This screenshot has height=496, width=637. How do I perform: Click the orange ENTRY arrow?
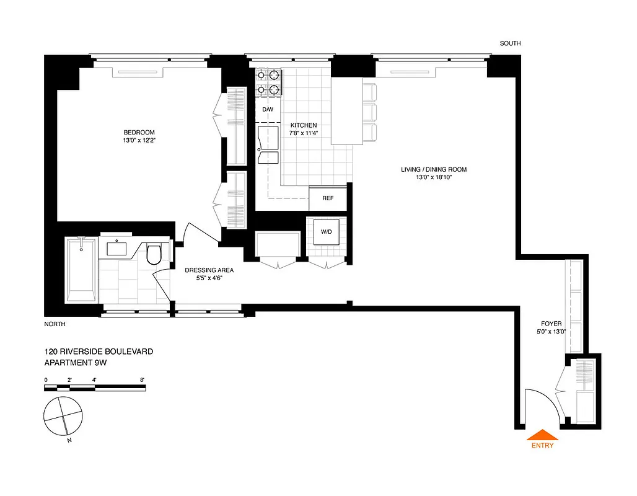[542, 435]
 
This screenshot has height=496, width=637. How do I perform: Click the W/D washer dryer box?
[326, 232]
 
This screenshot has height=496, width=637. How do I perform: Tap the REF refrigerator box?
[328, 198]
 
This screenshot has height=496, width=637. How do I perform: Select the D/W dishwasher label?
[268, 110]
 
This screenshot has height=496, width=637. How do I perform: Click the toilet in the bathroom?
[153, 253]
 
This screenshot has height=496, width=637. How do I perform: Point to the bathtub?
[81, 270]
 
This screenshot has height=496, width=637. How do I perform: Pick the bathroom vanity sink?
[116, 248]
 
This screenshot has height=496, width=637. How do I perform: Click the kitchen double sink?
[268, 146]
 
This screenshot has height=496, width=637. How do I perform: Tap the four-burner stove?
[268, 82]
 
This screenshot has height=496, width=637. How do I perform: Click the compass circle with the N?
[63, 416]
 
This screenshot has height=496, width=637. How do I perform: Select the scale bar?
[95, 387]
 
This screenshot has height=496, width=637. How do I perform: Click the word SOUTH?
[510, 43]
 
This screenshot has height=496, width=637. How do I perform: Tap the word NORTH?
[55, 324]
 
